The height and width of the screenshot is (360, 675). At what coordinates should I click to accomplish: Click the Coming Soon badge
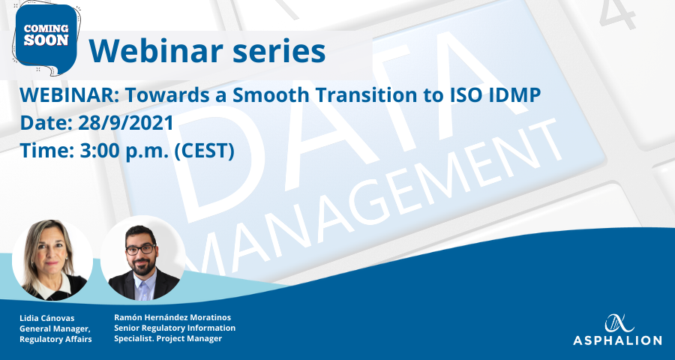pyautogui.click(x=46, y=38)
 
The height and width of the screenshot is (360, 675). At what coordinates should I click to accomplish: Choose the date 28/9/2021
pyautogui.click(x=126, y=123)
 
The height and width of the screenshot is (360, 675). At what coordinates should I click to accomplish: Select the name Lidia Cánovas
pyautogui.click(x=47, y=318)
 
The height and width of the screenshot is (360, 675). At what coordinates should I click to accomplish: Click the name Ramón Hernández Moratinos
pyautogui.click(x=172, y=317)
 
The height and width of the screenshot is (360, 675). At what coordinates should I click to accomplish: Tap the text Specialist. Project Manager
pyautogui.click(x=168, y=338)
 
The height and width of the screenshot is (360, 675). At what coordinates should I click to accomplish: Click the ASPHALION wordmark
pyautogui.click(x=617, y=340)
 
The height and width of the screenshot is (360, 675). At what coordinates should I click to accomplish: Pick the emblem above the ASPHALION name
pyautogui.click(x=619, y=323)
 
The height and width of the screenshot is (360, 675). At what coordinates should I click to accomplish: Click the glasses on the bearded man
pyautogui.click(x=141, y=249)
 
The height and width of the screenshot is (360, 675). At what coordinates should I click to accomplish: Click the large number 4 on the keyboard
pyautogui.click(x=617, y=15)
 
